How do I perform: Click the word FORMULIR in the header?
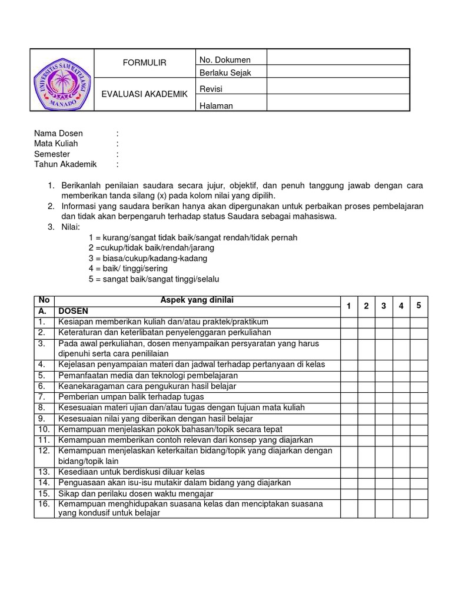(x=144, y=63)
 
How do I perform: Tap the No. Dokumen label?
(x=225, y=59)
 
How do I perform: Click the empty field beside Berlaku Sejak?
(x=338, y=72)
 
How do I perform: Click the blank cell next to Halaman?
(x=338, y=104)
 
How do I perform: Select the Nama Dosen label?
(x=58, y=133)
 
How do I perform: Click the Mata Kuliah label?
(x=56, y=143)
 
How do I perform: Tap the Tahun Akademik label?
(x=65, y=164)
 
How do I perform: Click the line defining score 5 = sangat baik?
(x=154, y=279)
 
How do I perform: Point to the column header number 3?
(x=384, y=306)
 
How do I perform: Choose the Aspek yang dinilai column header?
(x=197, y=300)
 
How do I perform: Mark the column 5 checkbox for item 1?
(x=419, y=322)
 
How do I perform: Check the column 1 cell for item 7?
(x=349, y=397)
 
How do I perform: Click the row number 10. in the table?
(x=43, y=429)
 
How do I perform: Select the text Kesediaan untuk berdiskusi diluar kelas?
(x=139, y=472)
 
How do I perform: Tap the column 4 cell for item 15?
(x=401, y=493)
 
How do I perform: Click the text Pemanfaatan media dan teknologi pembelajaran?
(x=148, y=375)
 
